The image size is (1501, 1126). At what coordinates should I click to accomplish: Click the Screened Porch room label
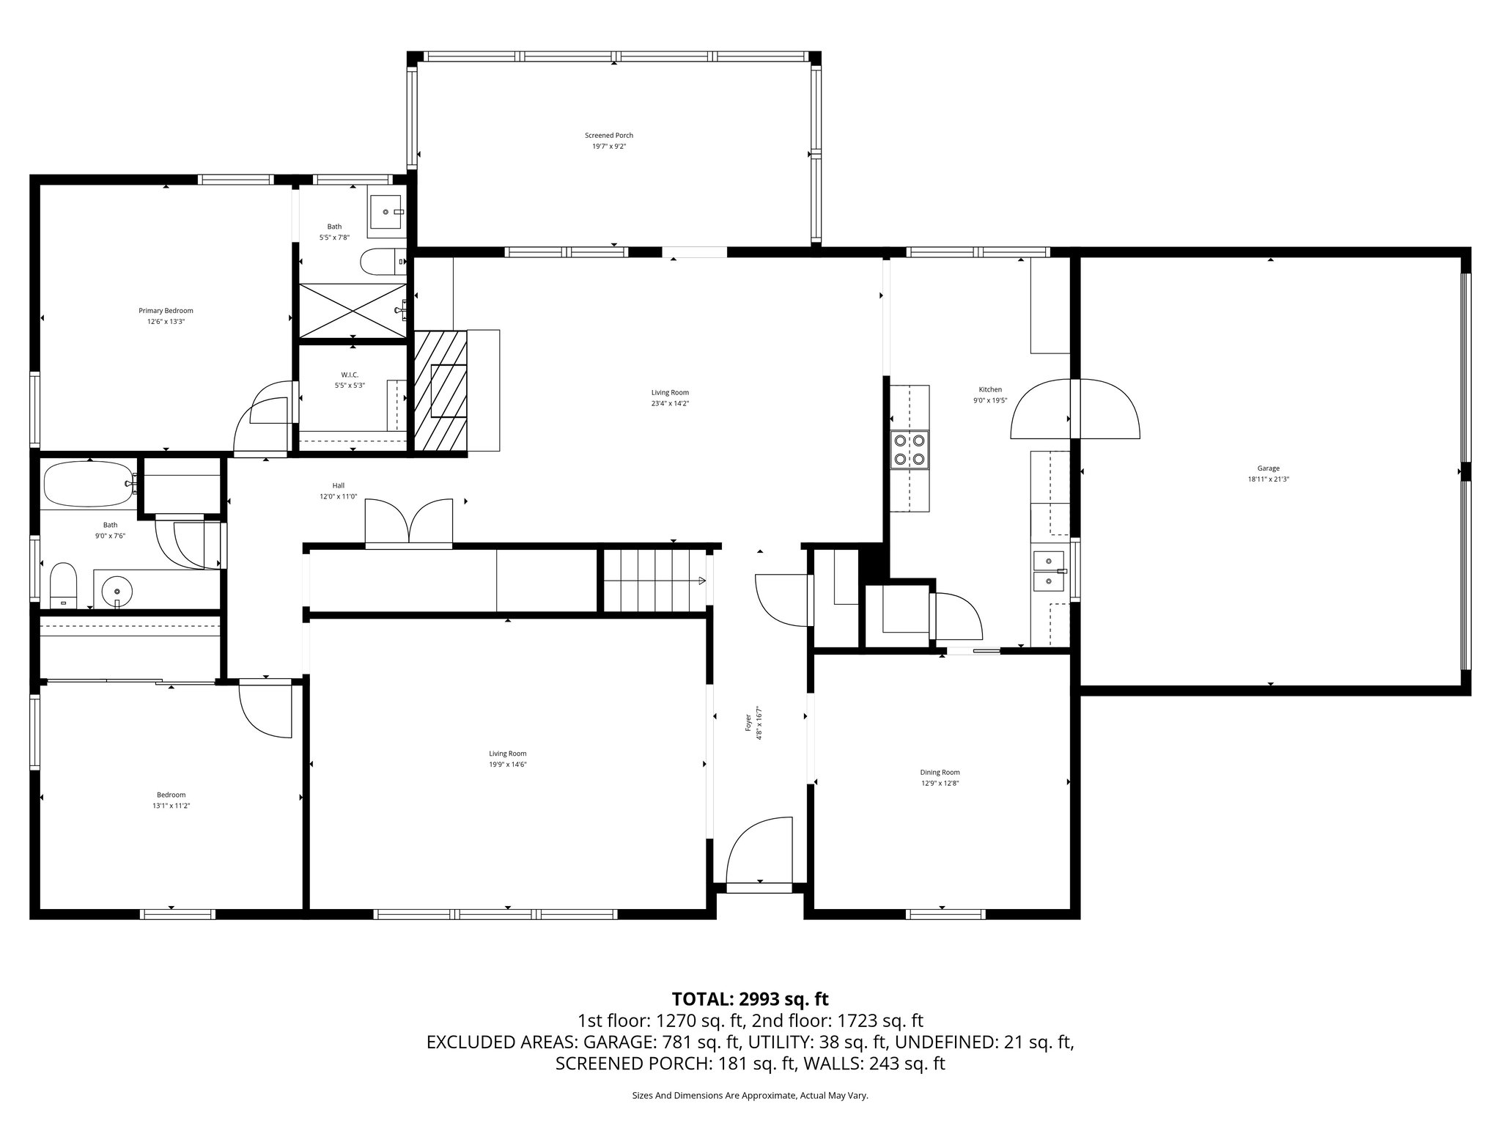608,136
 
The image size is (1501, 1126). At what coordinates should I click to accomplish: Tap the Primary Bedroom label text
166,311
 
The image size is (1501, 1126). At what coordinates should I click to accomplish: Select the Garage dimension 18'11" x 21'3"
1268,479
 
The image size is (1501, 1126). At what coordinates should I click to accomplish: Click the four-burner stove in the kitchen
909,450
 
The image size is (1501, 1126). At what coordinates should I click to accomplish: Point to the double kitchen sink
1049,571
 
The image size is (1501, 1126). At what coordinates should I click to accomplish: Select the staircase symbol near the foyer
652,581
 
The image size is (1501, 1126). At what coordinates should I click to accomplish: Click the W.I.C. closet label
350,375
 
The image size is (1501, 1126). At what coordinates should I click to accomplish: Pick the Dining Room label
940,772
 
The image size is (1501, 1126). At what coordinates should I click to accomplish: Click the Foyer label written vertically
748,724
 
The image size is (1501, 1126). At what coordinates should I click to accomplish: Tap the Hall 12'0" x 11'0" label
338,490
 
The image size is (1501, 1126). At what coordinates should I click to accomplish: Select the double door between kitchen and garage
1074,409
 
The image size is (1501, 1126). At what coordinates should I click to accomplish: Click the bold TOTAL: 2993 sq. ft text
750,998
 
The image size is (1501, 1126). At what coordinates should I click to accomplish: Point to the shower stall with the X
353,311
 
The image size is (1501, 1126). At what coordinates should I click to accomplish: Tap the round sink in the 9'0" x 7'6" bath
117,589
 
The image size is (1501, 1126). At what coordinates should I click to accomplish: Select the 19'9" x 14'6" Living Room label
508,759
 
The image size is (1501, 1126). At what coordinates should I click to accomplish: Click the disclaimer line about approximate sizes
750,1095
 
